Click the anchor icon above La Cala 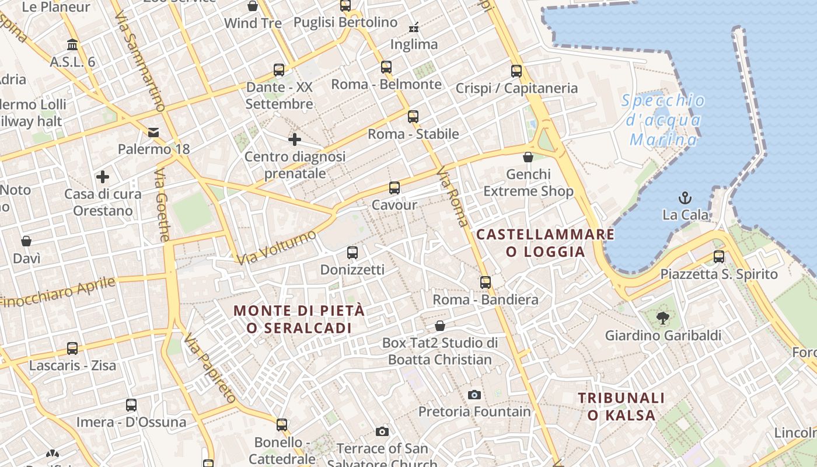(685, 197)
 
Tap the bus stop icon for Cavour (394, 188)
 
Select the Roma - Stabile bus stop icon (413, 117)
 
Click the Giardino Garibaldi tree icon (662, 318)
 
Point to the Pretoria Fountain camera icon (474, 395)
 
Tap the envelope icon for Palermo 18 (153, 133)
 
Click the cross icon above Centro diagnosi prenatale (295, 140)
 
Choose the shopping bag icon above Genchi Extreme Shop (528, 157)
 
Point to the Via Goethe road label (162, 205)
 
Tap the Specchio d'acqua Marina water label (664, 120)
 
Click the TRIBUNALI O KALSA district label (621, 406)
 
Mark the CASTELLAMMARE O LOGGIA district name (545, 243)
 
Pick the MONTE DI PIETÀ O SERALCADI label (299, 319)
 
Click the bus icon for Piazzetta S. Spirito (719, 257)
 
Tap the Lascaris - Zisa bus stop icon (72, 348)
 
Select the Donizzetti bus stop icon (352, 253)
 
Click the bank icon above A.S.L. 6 (72, 45)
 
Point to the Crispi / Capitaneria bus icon (516, 71)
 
